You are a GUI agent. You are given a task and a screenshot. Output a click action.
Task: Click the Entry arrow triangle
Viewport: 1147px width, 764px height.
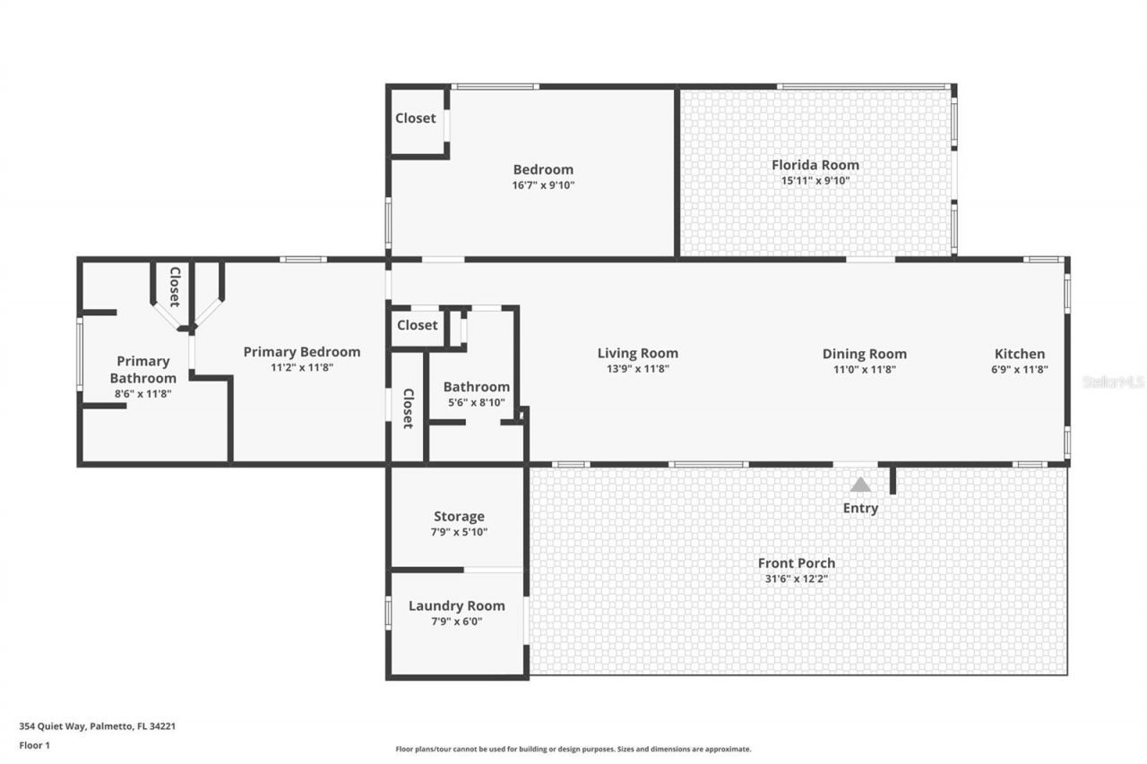(x=860, y=485)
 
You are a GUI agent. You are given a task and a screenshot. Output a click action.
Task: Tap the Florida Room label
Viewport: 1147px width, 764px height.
(x=815, y=165)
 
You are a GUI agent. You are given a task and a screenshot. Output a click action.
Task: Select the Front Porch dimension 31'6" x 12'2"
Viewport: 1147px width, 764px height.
(x=796, y=579)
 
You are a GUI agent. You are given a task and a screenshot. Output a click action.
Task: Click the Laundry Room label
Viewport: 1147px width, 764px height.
(x=456, y=605)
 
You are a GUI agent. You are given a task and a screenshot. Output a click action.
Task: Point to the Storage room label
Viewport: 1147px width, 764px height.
(x=459, y=516)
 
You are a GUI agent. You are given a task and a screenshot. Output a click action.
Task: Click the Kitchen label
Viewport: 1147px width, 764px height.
(x=1020, y=354)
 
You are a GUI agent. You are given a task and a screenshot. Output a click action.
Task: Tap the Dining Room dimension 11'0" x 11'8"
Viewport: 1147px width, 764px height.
(x=864, y=369)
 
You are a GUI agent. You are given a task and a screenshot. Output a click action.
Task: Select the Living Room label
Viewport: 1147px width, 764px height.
(x=637, y=353)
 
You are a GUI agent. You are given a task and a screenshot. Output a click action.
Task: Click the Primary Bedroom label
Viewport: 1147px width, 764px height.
(x=301, y=352)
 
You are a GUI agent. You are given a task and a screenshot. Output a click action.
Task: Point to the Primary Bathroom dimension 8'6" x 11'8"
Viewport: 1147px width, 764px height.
(x=143, y=393)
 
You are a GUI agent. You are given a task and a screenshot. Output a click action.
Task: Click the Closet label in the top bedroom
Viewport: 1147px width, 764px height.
(x=416, y=118)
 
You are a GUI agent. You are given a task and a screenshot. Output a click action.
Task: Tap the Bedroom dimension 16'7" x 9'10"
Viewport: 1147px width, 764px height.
(x=543, y=185)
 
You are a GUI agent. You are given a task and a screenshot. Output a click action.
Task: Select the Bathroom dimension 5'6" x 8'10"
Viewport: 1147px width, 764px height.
(x=476, y=402)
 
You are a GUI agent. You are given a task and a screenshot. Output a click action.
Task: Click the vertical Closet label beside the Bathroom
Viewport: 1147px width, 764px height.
(x=408, y=408)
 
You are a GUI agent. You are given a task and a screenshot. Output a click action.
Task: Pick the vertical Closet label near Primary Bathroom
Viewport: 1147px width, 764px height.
(x=175, y=287)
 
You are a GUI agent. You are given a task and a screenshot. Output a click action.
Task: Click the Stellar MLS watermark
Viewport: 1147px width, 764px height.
(x=1112, y=382)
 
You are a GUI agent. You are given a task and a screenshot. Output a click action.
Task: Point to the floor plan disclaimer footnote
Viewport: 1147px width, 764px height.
(x=573, y=749)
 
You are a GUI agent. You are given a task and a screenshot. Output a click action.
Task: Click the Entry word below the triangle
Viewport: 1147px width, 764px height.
(x=860, y=508)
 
